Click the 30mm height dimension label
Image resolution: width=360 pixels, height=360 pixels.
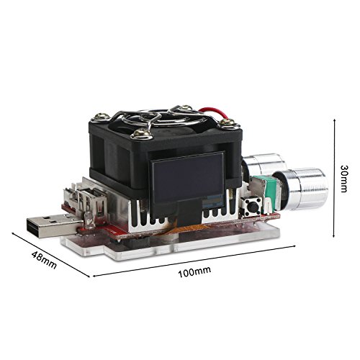[343, 179]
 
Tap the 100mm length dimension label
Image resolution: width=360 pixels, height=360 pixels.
[194, 272]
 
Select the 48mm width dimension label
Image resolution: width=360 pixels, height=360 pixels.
[44, 260]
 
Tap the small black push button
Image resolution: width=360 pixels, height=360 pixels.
[251, 206]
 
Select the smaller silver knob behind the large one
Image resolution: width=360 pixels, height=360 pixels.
[264, 166]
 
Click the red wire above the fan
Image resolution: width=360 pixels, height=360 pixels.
[211, 111]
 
